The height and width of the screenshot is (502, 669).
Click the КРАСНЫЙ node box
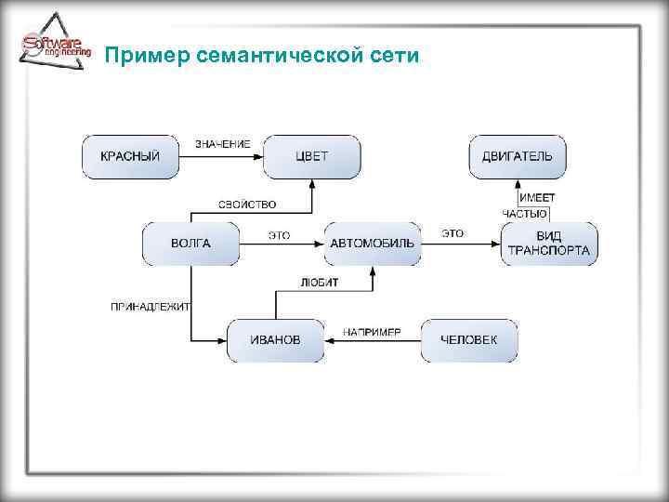[x=130, y=156]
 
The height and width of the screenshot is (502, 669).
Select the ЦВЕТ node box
[x=311, y=156]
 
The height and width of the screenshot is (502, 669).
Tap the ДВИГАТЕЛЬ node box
[x=517, y=156]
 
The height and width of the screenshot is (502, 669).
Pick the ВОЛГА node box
[x=190, y=244]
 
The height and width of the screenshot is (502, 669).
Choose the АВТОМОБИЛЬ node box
[x=373, y=244]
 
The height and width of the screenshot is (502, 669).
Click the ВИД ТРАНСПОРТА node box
[x=548, y=244]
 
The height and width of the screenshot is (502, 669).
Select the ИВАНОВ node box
[x=276, y=340]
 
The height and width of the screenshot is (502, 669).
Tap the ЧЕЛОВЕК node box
[x=469, y=340]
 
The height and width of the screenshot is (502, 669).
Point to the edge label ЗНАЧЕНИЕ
[x=222, y=144]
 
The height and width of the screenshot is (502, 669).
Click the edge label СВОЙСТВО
[x=246, y=205]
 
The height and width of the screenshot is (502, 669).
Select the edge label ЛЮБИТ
[x=320, y=282]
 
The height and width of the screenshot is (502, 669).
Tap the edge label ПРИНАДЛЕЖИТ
[x=151, y=306]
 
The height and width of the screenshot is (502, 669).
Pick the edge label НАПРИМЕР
[x=372, y=332]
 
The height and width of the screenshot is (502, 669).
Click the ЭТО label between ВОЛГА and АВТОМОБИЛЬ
[x=279, y=234]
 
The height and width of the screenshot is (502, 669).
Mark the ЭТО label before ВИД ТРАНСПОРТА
[x=453, y=233]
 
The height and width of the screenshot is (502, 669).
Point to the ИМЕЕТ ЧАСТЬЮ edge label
[x=528, y=205]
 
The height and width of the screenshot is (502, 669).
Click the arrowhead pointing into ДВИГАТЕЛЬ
[x=518, y=184]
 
